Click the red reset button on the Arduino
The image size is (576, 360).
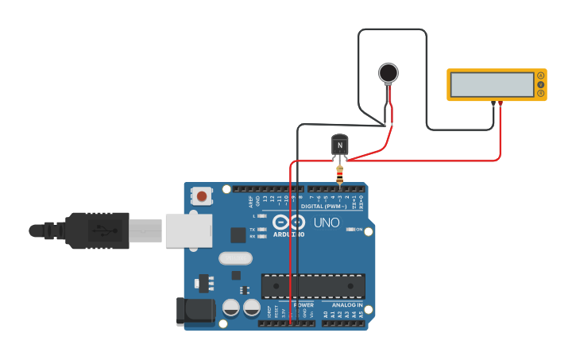(x=203, y=195)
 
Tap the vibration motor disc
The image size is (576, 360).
(x=388, y=73)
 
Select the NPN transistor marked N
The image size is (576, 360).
(x=339, y=145)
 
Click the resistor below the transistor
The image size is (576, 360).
(x=340, y=173)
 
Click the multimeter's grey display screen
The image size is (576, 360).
(x=490, y=84)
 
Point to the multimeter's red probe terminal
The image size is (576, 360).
(x=501, y=103)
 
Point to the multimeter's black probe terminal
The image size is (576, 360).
(x=493, y=103)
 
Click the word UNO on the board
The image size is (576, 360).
(x=326, y=223)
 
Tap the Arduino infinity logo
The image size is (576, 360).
(x=288, y=222)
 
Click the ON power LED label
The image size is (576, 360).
(x=358, y=229)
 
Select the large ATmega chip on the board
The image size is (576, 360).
(x=313, y=285)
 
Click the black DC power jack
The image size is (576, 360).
(x=195, y=311)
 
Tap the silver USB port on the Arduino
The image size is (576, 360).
(x=188, y=230)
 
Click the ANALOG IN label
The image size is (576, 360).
(x=342, y=305)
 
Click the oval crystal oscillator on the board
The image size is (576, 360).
(x=235, y=257)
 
